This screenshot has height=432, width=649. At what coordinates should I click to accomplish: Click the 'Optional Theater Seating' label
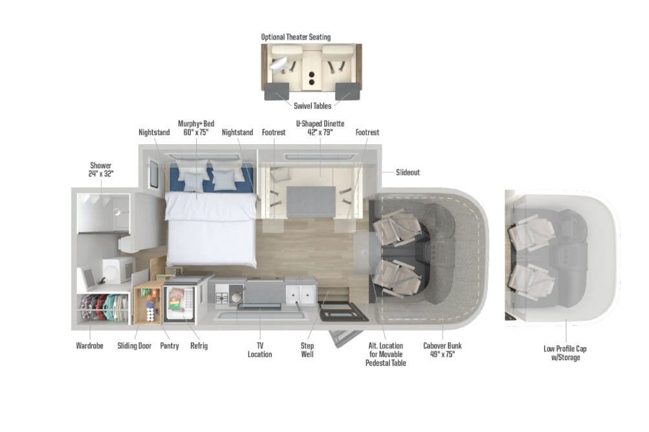coord(296,37)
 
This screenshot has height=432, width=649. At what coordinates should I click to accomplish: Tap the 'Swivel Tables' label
coord(314,106)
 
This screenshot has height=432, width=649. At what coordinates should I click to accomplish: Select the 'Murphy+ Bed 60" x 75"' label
coord(195,128)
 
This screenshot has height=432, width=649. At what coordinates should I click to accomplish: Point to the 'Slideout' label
coord(408,173)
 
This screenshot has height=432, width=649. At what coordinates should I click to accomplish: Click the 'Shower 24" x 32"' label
coord(100,169)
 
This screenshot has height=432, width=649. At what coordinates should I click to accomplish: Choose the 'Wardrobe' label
coord(90,346)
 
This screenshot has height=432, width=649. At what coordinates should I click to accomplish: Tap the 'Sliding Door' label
coord(135,346)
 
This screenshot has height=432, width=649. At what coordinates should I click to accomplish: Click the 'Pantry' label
coord(170,346)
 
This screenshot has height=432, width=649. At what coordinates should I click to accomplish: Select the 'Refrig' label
coord(199,346)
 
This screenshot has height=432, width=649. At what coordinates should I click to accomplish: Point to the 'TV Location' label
coord(260,350)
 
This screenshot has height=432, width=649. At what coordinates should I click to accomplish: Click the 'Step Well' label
coord(307,350)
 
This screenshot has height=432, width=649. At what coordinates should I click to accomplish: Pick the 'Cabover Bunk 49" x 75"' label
coord(443,350)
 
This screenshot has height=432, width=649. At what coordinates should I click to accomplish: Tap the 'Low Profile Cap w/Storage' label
coord(565,353)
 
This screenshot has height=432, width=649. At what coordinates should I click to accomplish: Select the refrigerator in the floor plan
coord(179,303)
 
